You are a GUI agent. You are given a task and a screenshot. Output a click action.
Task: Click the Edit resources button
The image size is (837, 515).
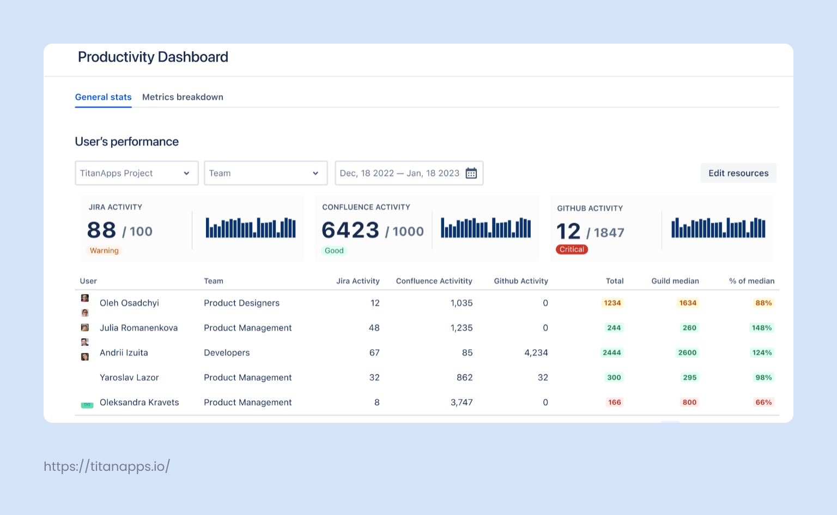click(x=738, y=173)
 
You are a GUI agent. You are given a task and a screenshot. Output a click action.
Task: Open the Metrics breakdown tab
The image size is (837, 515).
click(x=183, y=97)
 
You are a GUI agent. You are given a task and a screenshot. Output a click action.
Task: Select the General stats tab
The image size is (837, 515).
click(x=103, y=97)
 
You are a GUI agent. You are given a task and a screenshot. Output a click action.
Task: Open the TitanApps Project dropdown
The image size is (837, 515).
click(x=136, y=173)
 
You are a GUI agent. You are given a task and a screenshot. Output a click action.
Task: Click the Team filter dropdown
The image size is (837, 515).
click(x=265, y=173)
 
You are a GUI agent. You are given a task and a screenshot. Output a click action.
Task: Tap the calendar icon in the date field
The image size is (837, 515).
click(x=471, y=173)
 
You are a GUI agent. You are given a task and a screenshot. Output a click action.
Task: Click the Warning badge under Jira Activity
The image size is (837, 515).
click(x=104, y=250)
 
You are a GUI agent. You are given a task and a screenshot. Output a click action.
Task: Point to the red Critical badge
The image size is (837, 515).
click(x=572, y=249)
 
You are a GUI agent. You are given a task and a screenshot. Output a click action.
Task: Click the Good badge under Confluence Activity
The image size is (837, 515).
click(x=334, y=250)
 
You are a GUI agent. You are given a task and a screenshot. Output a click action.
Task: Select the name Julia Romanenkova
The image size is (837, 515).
click(x=138, y=328)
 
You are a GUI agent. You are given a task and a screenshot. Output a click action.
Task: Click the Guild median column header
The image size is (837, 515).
click(x=675, y=281)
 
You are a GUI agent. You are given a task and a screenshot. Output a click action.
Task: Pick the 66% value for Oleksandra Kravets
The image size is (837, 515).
click(x=763, y=402)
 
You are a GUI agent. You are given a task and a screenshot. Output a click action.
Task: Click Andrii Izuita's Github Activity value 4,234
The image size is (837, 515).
click(x=536, y=352)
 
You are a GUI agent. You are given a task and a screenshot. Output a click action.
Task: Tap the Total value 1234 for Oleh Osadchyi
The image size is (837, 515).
click(x=612, y=303)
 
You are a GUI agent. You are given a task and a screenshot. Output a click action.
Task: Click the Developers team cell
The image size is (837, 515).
click(x=227, y=352)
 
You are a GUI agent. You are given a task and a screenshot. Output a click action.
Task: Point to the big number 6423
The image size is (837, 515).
click(x=350, y=230)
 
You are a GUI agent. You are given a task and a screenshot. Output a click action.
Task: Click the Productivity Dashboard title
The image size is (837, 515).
click(x=153, y=57)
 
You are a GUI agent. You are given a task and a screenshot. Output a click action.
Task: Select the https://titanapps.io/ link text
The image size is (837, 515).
click(x=107, y=466)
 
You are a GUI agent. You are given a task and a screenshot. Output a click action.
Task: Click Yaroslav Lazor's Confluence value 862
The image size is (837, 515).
click(x=464, y=378)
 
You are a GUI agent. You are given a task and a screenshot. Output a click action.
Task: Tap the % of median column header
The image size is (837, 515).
click(x=751, y=281)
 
